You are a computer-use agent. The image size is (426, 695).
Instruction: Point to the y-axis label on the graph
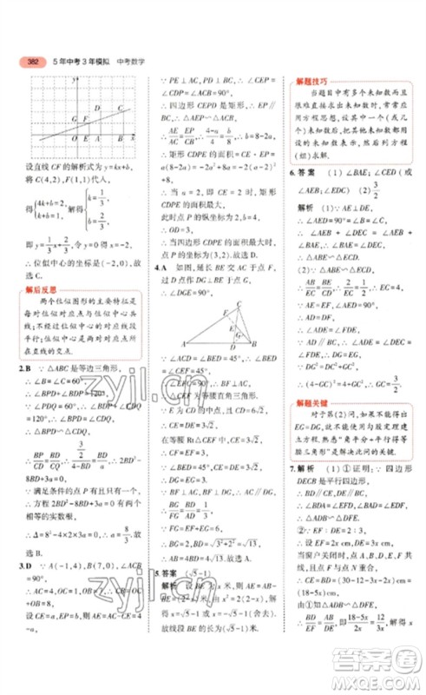coord(76,80)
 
